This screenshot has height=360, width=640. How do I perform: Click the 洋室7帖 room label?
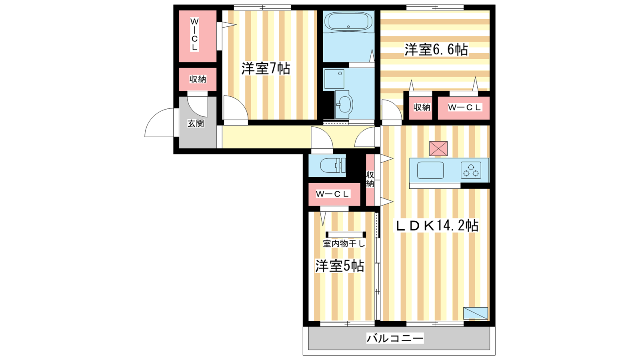266,68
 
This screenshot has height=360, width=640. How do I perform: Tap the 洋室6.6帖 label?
436,50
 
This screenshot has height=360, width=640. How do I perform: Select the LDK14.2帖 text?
436,226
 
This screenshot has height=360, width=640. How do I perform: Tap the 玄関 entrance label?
196,124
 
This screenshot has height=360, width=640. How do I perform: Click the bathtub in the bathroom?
348,21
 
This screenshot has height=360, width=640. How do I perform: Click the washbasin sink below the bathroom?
344,104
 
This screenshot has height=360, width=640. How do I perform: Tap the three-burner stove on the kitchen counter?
471,170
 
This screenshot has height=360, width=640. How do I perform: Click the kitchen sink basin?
430,170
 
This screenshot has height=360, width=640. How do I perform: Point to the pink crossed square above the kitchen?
438,148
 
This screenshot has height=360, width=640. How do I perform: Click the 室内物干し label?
344,244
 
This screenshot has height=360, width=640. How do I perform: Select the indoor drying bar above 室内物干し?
346,234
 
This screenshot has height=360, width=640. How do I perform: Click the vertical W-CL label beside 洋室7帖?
194,34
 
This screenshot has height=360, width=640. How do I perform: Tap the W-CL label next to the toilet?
333,194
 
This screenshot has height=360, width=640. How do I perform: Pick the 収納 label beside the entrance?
198,79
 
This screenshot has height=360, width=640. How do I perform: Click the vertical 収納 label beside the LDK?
370,179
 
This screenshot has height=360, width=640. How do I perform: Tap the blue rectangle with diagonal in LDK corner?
476,313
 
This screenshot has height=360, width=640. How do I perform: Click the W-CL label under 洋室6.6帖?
465,108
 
